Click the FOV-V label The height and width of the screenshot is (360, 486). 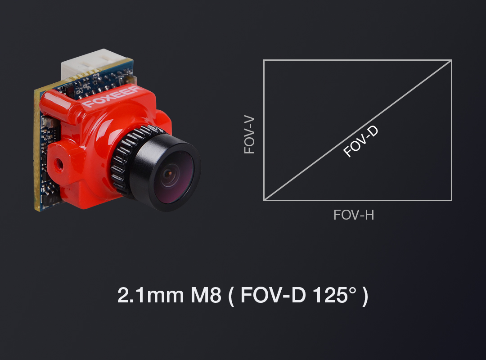tap(249, 135)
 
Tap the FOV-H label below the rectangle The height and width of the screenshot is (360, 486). tap(354, 215)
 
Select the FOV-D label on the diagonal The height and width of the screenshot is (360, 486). tap(361, 141)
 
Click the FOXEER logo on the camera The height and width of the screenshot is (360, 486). tap(111, 97)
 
